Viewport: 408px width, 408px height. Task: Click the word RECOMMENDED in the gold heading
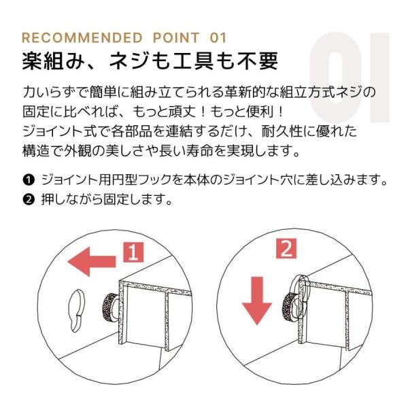click(82, 38)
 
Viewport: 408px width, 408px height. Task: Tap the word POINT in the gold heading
click(176, 38)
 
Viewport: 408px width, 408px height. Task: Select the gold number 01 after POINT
click(218, 38)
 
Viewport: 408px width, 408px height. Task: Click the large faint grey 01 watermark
click(350, 78)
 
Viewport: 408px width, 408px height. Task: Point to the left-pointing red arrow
click(91, 261)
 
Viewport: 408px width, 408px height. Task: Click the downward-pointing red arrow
click(257, 301)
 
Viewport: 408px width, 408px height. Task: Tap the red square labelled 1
click(133, 252)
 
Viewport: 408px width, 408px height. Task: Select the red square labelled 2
click(286, 248)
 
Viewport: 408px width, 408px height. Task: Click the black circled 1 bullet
click(29, 180)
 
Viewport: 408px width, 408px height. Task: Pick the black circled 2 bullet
click(29, 199)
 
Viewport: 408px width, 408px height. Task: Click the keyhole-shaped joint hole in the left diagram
click(76, 311)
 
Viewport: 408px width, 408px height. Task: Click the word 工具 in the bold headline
click(194, 62)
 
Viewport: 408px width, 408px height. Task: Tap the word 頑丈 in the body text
click(182, 112)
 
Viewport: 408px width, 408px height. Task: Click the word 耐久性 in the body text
click(282, 131)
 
